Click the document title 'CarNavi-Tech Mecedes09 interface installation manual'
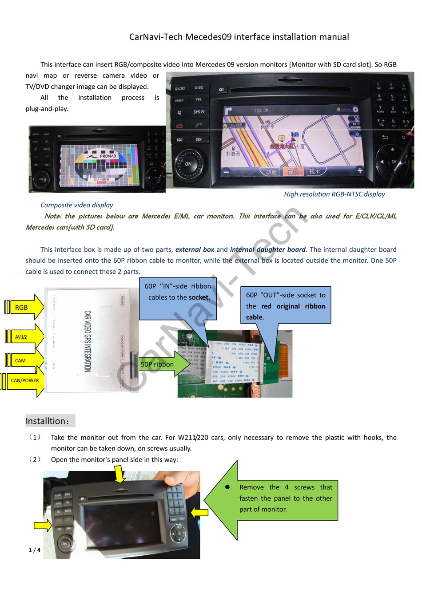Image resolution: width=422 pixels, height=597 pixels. coord(239,37)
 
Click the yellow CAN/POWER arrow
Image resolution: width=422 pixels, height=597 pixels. coord(24,380)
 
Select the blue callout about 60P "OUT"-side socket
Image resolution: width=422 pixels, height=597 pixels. coord(286,305)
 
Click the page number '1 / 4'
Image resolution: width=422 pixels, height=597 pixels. coord(35,550)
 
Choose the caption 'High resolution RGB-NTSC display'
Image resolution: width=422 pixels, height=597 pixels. coord(334,194)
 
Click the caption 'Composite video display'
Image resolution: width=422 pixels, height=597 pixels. coord(76,205)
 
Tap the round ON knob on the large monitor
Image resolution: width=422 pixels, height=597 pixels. coord(188,164)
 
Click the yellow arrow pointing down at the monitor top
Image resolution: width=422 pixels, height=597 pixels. coord(119,474)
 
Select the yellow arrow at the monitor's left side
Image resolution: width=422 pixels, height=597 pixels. coord(43,526)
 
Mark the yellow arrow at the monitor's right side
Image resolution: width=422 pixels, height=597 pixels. coord(199,512)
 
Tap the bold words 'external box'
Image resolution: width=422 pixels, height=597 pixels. coord(195,249)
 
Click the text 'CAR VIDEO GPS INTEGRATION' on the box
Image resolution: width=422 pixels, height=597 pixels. coord(88,341)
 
